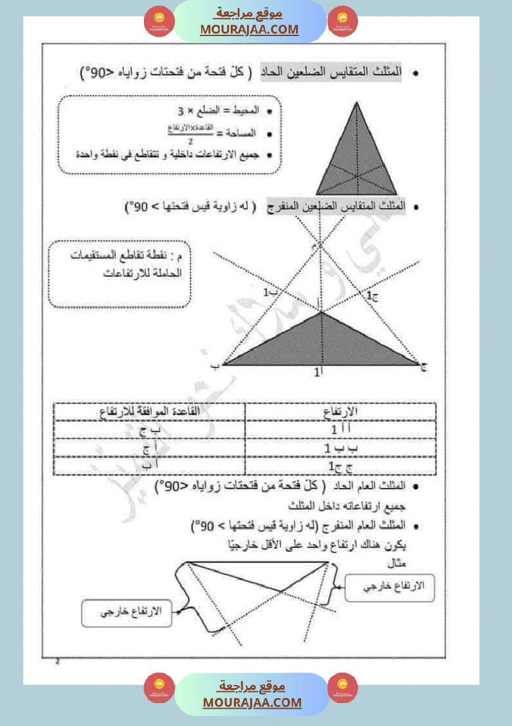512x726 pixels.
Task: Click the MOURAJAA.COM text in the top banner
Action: click(x=249, y=29)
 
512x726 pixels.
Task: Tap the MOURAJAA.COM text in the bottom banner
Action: click(x=252, y=702)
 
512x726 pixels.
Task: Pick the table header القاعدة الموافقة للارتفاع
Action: click(x=150, y=411)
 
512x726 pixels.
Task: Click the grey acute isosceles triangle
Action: click(x=356, y=155)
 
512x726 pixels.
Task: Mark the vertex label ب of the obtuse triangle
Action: click(x=215, y=366)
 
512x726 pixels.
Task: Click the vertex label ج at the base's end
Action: click(x=424, y=365)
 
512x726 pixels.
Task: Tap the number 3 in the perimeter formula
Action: click(x=181, y=112)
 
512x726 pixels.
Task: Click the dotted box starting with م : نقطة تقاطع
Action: click(x=119, y=273)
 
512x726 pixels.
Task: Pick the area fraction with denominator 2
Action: click(x=191, y=132)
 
